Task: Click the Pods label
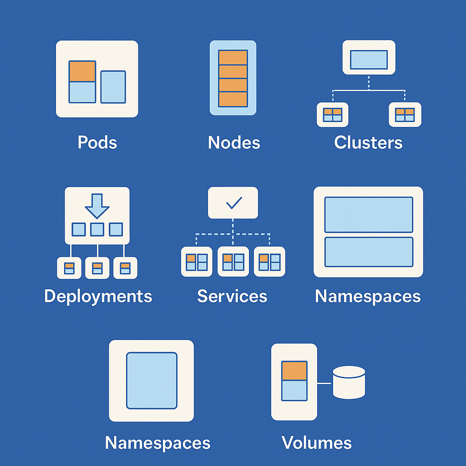(x=97, y=142)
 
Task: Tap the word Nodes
(x=234, y=142)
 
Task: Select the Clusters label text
(x=368, y=142)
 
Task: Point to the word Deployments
(x=98, y=296)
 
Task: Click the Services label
(x=232, y=296)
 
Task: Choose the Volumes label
(x=317, y=442)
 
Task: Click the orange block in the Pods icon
(x=82, y=71)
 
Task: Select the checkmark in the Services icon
(x=233, y=203)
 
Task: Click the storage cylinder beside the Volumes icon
(x=349, y=382)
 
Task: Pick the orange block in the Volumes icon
(x=294, y=371)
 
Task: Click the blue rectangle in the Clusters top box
(x=369, y=60)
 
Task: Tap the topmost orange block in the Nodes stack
(x=233, y=58)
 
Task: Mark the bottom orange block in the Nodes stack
(x=233, y=99)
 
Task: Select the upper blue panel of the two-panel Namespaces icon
(x=369, y=214)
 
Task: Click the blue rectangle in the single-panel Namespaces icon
(x=152, y=380)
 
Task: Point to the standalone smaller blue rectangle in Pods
(x=113, y=86)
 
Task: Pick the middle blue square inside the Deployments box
(x=97, y=229)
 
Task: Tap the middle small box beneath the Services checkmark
(x=233, y=262)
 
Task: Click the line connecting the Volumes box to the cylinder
(x=324, y=383)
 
